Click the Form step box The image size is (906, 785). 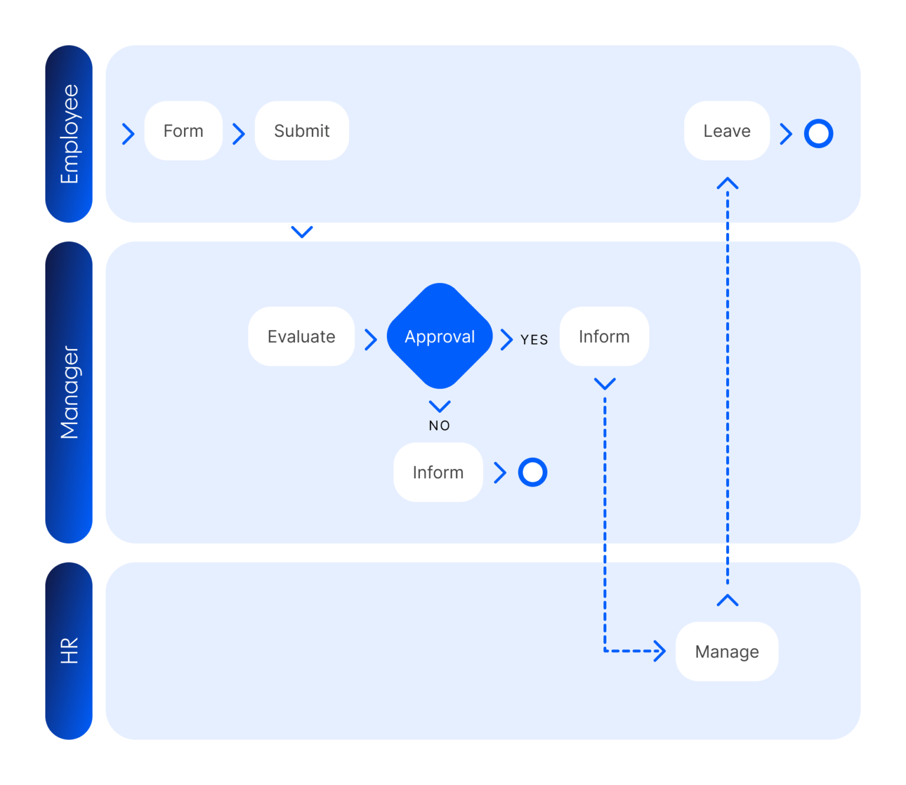coord(183,131)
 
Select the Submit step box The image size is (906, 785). coord(301,131)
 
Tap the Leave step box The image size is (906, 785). coord(727,131)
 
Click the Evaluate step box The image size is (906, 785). coord(301,336)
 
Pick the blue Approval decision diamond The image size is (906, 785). coord(439,336)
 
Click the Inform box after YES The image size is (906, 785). coord(604,336)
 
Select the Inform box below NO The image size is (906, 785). coord(438,472)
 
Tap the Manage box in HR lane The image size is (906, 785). coord(727,652)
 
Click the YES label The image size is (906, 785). coord(534,340)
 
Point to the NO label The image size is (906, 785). coord(439,426)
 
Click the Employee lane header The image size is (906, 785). coord(69,134)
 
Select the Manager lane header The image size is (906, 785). coord(69,392)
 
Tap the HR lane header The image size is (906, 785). coord(69,651)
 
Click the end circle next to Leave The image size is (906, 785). coord(819,134)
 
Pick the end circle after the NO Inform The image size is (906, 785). coord(533,472)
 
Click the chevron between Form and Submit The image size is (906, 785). coord(239,134)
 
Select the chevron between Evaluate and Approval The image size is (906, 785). coord(371,340)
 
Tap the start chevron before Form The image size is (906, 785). coord(128,134)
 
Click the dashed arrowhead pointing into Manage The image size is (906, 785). coord(660,651)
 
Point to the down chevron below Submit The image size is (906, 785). coord(302,231)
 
